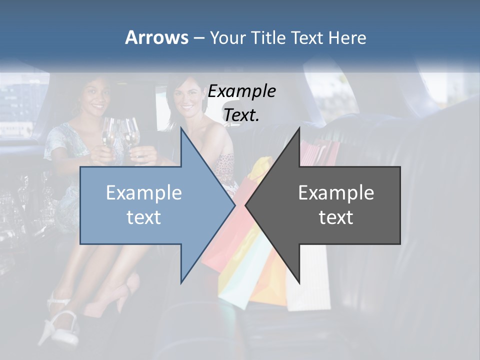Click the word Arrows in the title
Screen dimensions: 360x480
(156, 37)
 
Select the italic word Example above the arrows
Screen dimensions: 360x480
(242, 91)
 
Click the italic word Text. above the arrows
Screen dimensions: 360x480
(242, 115)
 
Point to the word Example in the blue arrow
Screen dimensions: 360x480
(144, 193)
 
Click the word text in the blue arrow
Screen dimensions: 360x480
(144, 217)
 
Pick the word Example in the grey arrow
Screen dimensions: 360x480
(336, 193)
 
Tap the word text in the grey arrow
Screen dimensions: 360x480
(336, 217)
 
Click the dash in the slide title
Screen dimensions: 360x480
(198, 38)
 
